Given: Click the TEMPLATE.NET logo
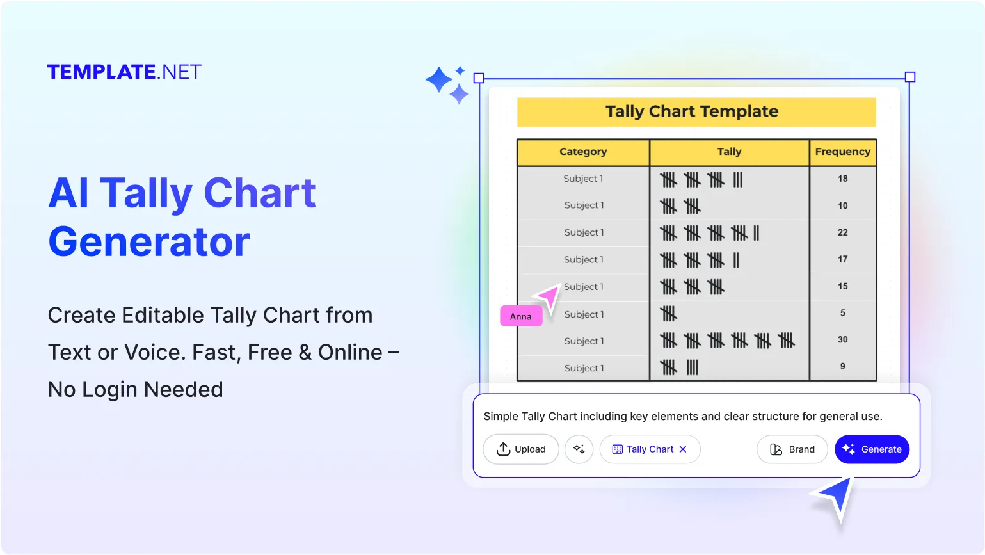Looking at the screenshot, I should click(124, 72).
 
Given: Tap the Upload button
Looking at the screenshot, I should click(521, 449).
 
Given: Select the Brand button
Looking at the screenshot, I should click(792, 449).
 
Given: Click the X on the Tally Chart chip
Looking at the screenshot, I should click(683, 449).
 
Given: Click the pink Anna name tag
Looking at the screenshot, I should click(521, 316).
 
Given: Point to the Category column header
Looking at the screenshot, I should click(583, 152).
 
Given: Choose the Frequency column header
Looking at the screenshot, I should click(842, 152).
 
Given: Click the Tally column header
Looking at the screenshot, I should click(729, 152).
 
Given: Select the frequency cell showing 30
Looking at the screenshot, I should click(842, 340).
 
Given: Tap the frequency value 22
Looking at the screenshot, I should click(842, 232).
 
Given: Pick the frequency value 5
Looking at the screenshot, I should click(842, 313).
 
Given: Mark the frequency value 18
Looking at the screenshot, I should click(842, 179).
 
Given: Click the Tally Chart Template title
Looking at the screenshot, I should click(692, 111).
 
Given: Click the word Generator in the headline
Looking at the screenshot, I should click(149, 242).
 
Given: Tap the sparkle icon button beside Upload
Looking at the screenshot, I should click(579, 449).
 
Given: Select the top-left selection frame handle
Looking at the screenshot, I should click(479, 78).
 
